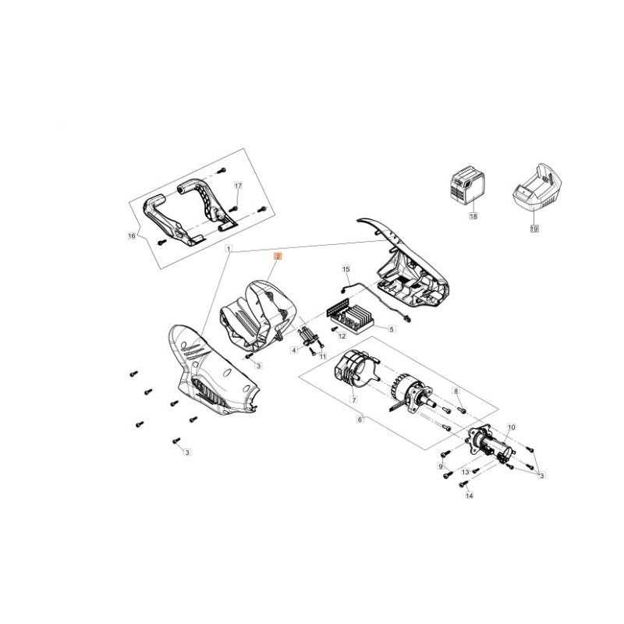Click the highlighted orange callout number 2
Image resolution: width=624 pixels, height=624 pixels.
pyautogui.click(x=278, y=256)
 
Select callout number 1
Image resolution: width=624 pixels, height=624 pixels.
pyautogui.click(x=229, y=249)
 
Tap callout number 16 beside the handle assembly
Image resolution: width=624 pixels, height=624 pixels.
pyautogui.click(x=132, y=236)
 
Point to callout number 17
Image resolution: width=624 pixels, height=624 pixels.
pyautogui.click(x=238, y=186)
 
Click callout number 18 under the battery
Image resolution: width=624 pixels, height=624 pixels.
pyautogui.click(x=473, y=216)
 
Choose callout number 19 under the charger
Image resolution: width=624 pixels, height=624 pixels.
pyautogui.click(x=534, y=229)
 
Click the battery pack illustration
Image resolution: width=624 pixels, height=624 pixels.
pyautogui.click(x=468, y=189)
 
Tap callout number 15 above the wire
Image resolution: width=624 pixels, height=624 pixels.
pyautogui.click(x=346, y=269)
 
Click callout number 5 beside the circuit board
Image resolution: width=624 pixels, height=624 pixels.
pyautogui.click(x=392, y=329)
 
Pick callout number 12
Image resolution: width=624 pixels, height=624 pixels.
pyautogui.click(x=342, y=336)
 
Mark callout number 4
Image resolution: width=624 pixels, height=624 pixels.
pyautogui.click(x=294, y=350)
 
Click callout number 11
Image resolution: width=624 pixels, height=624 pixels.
pyautogui.click(x=323, y=356)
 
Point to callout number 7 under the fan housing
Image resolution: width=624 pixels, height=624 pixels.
pyautogui.click(x=354, y=400)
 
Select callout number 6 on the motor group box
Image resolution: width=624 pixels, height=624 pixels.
pyautogui.click(x=360, y=420)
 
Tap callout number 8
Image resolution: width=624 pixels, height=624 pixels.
pyautogui.click(x=456, y=392)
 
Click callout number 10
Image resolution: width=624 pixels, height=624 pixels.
pyautogui.click(x=512, y=427)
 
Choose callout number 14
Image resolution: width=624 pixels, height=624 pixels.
pyautogui.click(x=470, y=495)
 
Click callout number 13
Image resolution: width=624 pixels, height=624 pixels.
pyautogui.click(x=465, y=472)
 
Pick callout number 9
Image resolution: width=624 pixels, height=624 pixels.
pyautogui.click(x=441, y=466)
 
